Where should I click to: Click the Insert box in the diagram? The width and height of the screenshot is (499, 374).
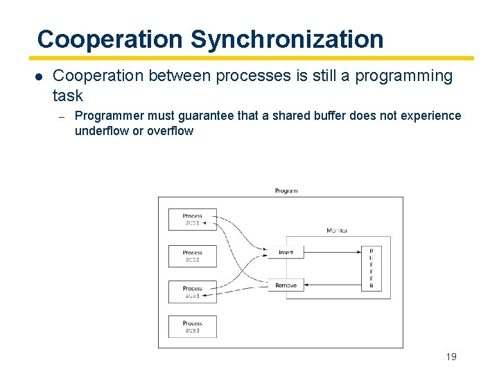pos(286,253)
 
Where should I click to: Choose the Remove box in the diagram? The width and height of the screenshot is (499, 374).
pos(286,285)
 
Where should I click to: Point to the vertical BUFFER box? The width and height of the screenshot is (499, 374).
pos(371,268)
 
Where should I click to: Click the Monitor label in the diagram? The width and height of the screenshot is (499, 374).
pos(337,231)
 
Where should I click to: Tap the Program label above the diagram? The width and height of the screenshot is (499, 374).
pos(286,190)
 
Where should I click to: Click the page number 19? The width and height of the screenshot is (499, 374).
pos(451,357)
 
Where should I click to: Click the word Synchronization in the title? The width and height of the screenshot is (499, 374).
pos(287,39)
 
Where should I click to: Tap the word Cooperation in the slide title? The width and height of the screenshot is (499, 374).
pos(111,39)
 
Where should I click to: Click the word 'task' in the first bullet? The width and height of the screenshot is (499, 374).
pos(67,96)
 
